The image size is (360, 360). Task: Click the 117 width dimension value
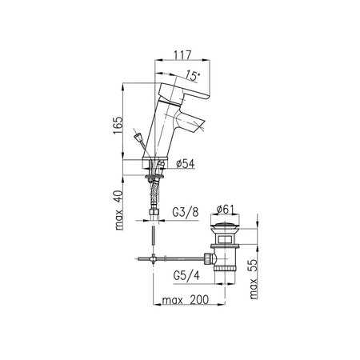(182, 55)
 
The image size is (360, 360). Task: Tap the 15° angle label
(193, 76)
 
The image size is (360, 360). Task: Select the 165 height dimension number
(118, 126)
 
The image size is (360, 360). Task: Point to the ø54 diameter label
(186, 164)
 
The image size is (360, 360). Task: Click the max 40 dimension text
(119, 210)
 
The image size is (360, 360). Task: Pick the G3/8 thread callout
(186, 213)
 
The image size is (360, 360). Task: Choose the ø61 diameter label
(225, 210)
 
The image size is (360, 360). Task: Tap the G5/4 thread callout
(186, 275)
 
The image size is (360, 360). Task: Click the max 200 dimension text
(186, 300)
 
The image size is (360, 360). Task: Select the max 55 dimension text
(254, 279)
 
